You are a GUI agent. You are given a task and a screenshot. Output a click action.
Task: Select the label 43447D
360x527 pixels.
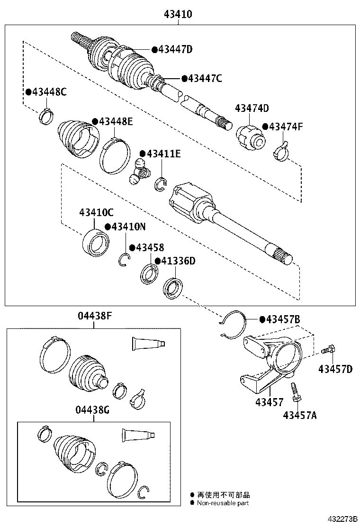pyautogui.click(x=175, y=49)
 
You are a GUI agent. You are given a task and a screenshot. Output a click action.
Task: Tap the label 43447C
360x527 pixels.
pyautogui.click(x=205, y=78)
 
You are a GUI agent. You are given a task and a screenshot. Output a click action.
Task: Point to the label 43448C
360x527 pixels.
pyautogui.click(x=49, y=92)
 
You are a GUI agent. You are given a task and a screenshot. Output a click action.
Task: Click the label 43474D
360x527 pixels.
pyautogui.click(x=252, y=109)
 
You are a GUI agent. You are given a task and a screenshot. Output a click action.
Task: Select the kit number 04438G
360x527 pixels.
pyautogui.click(x=93, y=410)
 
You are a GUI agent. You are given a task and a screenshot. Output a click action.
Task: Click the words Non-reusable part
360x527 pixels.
pyautogui.click(x=223, y=503)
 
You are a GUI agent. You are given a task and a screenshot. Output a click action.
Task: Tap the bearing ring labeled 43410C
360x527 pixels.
pyautogui.click(x=96, y=242)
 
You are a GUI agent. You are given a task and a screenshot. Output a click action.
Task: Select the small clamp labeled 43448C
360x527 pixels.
pyautogui.click(x=45, y=115)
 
